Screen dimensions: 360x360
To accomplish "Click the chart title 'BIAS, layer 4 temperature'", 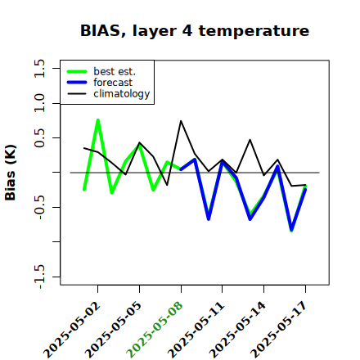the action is [x=195, y=31].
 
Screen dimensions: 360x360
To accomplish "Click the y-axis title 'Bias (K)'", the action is [x=11, y=173].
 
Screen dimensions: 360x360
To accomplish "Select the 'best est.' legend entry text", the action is [x=115, y=71].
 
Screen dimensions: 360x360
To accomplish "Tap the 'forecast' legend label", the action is [x=113, y=83].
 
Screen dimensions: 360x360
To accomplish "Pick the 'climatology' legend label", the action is [x=122, y=94].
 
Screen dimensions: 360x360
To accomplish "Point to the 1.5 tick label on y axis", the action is [x=39, y=68].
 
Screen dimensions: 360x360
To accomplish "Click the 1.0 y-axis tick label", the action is [x=39, y=103].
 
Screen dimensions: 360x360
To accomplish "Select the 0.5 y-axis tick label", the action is [x=39, y=138].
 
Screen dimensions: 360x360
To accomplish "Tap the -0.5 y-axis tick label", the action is [x=39, y=207].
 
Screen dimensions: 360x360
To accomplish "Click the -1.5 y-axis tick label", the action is [x=39, y=277].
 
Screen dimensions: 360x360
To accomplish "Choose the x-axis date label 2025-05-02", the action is [x=72, y=330].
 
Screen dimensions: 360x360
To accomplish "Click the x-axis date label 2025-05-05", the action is [x=114, y=330].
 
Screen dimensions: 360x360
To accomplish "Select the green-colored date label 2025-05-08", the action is [x=155, y=330].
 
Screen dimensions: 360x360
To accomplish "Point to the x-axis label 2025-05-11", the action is [x=196, y=330].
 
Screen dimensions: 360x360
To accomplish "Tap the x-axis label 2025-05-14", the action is [x=237, y=330].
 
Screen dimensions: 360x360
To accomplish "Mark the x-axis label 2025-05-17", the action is [x=279, y=330].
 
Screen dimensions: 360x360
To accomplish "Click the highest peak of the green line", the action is [x=98, y=120].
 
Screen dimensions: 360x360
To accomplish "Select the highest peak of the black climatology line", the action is [x=181, y=121].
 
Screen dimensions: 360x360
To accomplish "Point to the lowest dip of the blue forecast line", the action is [x=291, y=230].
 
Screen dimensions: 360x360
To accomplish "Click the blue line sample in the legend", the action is [x=77, y=83].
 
